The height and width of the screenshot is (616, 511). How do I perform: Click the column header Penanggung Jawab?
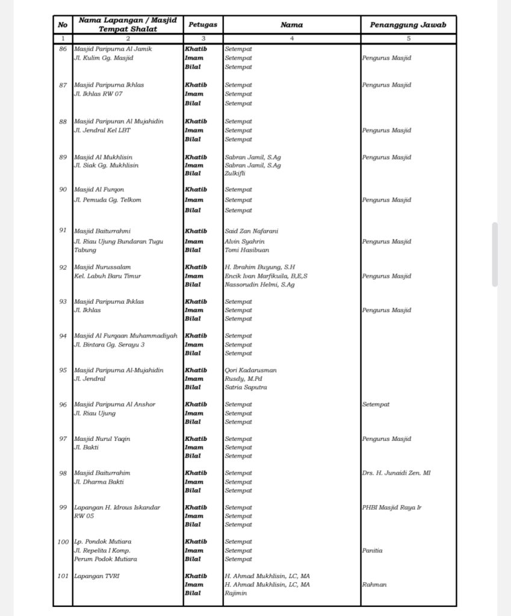point(408,25)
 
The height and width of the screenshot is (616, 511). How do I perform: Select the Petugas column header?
point(203,25)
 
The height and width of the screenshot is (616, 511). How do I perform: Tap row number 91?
point(63,231)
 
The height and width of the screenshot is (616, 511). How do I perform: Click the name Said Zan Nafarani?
point(251,231)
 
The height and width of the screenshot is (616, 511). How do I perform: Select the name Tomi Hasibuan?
point(247,250)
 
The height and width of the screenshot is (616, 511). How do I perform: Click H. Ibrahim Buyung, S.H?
point(260,267)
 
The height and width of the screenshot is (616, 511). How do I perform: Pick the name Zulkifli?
point(235,173)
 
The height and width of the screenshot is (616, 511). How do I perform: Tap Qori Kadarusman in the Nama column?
point(251,371)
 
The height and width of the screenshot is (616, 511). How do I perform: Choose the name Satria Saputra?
point(246,387)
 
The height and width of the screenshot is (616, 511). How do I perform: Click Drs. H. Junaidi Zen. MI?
point(396,473)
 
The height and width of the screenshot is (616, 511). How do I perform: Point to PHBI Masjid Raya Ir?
point(391,508)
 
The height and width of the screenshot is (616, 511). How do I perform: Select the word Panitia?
point(372,550)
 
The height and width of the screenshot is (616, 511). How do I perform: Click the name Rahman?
point(374,585)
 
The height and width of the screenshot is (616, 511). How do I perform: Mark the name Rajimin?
point(235,593)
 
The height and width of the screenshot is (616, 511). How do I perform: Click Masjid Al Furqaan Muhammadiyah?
point(126,336)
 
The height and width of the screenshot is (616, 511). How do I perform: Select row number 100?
point(63,542)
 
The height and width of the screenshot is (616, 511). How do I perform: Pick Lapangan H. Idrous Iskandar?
point(117,508)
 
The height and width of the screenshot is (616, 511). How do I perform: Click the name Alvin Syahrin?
point(244,241)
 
